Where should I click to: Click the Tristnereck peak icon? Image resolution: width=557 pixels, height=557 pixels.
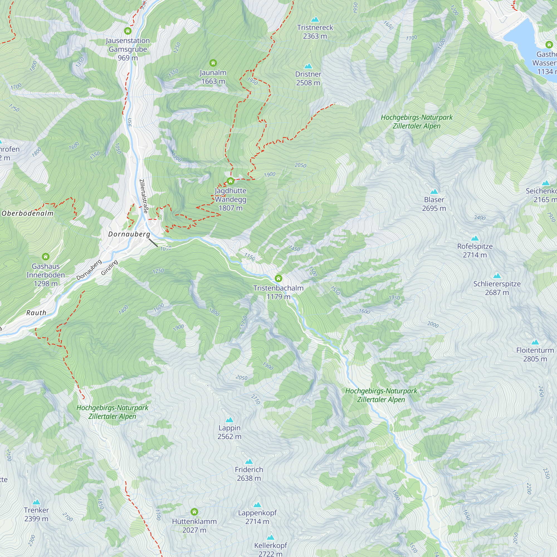coord(315,19)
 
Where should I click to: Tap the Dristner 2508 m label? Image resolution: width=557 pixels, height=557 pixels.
coord(308,79)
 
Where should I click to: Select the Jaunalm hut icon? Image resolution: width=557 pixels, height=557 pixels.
coord(213,63)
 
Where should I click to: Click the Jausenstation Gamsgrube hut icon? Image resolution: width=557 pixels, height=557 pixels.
coord(128,31)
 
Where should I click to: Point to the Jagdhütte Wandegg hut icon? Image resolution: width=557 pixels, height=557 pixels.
coord(230,181)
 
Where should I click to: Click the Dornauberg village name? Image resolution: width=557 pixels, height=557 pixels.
coord(129,234)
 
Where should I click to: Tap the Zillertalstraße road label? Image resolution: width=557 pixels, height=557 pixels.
coord(144,196)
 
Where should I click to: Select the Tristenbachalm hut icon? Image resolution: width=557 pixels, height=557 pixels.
coord(278,278)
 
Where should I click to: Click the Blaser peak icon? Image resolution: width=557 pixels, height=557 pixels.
coord(434,192)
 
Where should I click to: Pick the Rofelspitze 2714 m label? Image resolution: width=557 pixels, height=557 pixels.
coord(475,251)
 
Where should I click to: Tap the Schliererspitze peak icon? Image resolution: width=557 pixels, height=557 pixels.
coord(497,276)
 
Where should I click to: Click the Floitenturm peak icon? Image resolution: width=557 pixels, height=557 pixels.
coord(535,342)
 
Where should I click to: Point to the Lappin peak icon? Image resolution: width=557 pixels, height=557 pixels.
coord(229,420)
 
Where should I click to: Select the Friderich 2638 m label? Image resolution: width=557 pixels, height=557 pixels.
coord(249,474)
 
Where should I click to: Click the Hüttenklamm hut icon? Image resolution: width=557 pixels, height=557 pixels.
coord(194,512)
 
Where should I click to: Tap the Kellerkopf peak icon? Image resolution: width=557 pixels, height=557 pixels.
coord(270,537)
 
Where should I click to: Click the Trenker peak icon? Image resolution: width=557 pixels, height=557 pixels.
coord(36,502)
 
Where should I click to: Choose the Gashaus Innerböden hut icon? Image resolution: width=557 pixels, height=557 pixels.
coord(46,256)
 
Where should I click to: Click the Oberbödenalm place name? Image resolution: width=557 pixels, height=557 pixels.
coord(28,213)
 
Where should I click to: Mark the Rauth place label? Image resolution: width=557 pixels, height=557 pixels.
coord(36,313)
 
